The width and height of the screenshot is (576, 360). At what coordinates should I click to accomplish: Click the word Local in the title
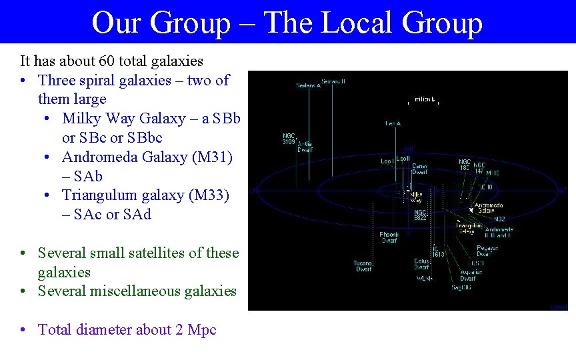click(x=355, y=23)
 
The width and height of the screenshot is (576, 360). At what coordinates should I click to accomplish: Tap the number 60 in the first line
click(x=107, y=61)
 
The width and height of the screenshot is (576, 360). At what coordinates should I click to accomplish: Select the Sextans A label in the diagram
click(x=309, y=85)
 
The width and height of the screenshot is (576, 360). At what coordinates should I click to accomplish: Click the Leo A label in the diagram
click(x=393, y=123)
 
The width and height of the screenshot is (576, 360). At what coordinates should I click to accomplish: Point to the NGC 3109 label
click(x=289, y=139)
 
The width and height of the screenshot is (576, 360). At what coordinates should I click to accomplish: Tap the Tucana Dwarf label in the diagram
click(x=363, y=266)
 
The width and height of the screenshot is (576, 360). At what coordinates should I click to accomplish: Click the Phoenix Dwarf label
click(x=389, y=237)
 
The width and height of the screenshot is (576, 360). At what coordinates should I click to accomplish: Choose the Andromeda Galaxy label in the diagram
click(x=489, y=208)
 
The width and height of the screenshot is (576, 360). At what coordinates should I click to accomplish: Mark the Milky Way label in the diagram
click(x=415, y=197)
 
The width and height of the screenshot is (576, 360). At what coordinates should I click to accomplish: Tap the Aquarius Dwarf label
click(x=472, y=275)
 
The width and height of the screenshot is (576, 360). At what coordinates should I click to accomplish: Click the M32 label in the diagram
click(x=500, y=219)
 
